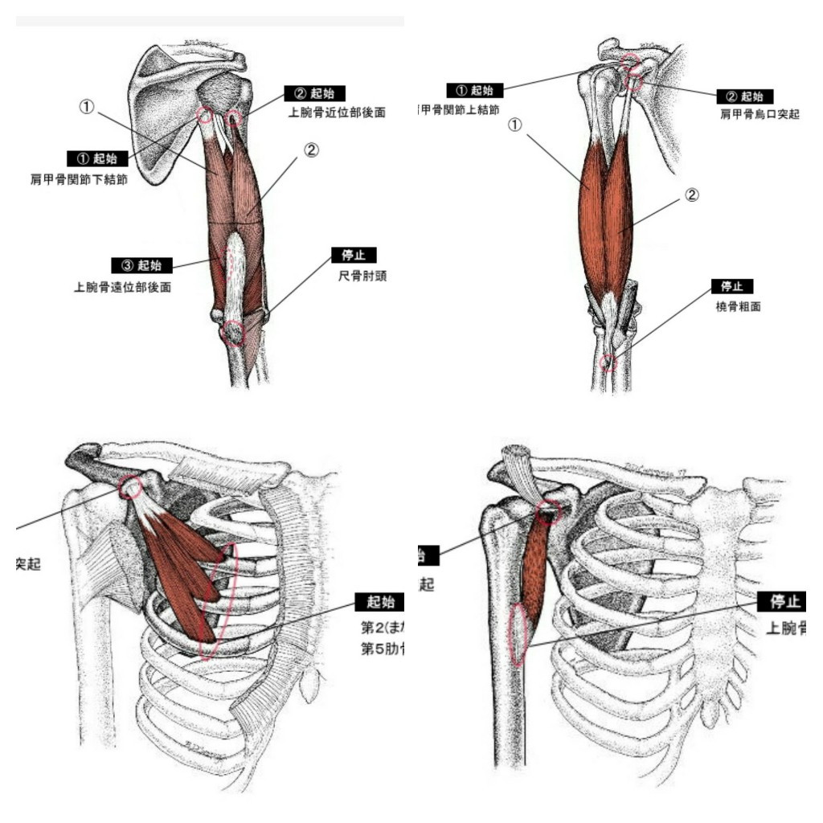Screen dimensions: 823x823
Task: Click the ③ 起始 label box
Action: [x=140, y=265]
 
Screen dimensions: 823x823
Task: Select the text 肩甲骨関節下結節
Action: [x=79, y=179]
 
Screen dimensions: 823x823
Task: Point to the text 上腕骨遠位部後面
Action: [x=122, y=286]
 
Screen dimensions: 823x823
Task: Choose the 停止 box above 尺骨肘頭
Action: [x=354, y=256]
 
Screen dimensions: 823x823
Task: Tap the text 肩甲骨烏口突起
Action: [x=760, y=115]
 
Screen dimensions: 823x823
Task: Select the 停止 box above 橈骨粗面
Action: [x=732, y=286]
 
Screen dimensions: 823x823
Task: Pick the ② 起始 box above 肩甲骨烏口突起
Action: [x=745, y=96]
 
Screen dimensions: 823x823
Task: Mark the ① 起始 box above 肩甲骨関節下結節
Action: [x=97, y=158]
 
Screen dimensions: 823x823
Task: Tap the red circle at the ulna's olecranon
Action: [x=233, y=331]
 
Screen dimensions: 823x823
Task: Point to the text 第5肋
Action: [x=382, y=649]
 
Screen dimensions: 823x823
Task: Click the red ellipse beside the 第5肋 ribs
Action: [x=218, y=599]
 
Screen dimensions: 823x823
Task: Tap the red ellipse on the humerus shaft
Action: [x=519, y=633]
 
